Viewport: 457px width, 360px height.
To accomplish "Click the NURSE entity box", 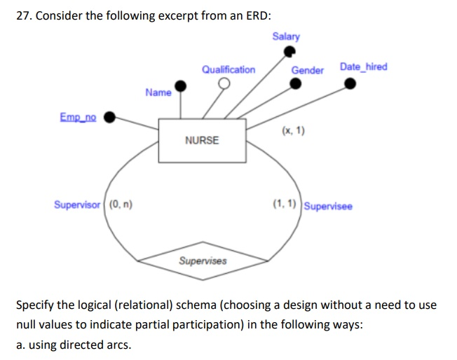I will (202, 140).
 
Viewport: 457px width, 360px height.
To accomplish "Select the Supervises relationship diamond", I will (203, 261).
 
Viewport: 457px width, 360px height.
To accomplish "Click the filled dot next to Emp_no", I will (109, 118).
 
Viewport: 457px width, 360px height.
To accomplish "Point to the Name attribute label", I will (158, 92).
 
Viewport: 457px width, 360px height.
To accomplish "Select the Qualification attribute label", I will (228, 69).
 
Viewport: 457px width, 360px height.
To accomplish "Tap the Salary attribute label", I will (286, 36).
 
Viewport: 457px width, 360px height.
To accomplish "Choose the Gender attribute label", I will (307, 70).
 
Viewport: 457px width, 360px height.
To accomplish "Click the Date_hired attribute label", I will (363, 67).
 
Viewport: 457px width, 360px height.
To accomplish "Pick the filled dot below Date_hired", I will (350, 84).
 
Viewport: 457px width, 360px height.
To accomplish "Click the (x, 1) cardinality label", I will (292, 131).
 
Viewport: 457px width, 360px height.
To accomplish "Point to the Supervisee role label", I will (329, 206).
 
